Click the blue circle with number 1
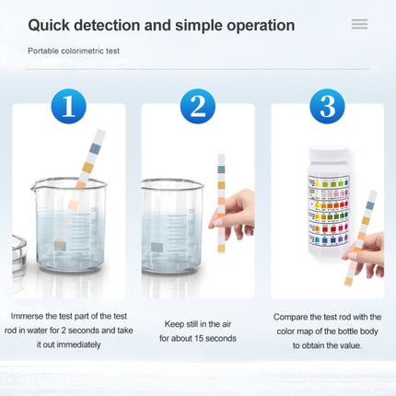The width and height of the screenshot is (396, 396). (x=68, y=107)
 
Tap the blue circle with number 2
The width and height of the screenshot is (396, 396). (x=197, y=107)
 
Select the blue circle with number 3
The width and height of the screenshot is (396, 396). (x=327, y=107)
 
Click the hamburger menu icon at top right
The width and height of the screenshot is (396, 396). (x=359, y=25)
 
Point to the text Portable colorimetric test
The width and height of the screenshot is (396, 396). (x=74, y=51)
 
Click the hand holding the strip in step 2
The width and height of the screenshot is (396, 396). (x=236, y=215)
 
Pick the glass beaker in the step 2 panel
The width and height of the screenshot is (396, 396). (x=171, y=226)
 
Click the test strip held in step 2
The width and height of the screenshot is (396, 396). (x=221, y=203)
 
